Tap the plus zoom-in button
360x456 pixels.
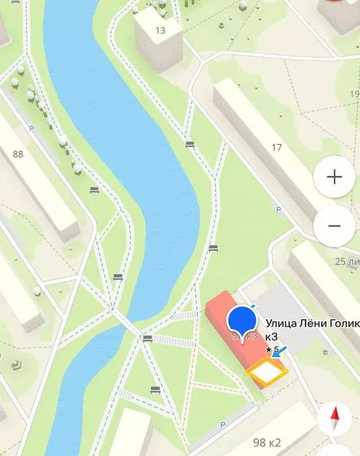(334, 177)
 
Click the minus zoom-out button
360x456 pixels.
(334, 226)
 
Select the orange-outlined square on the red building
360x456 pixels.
(267, 373)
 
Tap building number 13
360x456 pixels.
(160, 30)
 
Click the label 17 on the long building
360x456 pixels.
(276, 147)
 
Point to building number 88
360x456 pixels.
(18, 154)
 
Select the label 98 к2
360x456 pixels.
(267, 442)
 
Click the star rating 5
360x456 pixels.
(273, 349)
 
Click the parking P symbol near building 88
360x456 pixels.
(32, 128)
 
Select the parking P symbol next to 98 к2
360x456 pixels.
(223, 424)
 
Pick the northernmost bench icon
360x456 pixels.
(190, 144)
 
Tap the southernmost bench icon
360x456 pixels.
(156, 390)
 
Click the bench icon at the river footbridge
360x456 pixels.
(147, 339)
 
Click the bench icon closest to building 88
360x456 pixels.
(94, 190)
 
